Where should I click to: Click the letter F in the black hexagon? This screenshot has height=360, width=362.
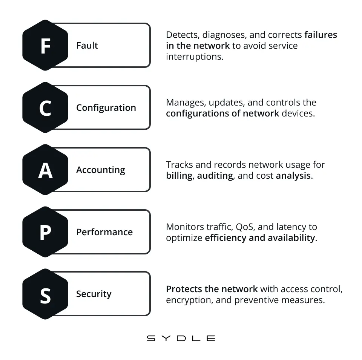tap(46, 46)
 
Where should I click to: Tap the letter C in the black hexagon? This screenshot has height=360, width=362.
tap(45, 108)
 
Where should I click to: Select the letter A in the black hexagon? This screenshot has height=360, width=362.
tap(46, 170)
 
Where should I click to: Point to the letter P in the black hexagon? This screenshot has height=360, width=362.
tap(46, 233)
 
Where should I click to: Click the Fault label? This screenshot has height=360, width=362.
tap(87, 46)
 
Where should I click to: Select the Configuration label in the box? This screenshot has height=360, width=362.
tap(106, 108)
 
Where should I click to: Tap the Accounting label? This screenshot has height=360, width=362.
tap(101, 170)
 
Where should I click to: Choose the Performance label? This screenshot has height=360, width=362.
tap(104, 232)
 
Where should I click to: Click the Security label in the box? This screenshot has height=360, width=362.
tap(94, 294)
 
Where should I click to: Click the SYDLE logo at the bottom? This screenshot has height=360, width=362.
tap(181, 338)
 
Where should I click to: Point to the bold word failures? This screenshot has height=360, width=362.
tap(321, 35)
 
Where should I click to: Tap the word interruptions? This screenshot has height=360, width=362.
tap(195, 57)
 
